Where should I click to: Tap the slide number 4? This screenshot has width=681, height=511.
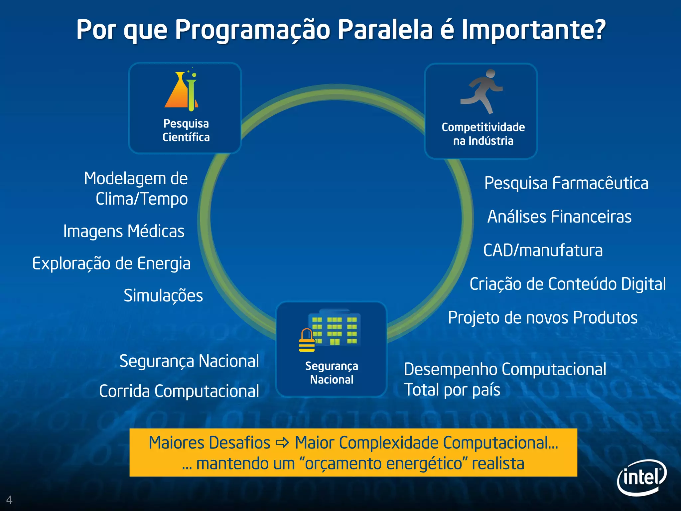tap(9, 500)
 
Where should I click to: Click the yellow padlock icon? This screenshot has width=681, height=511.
tap(307, 341)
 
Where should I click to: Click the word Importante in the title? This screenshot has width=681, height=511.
tap(533, 30)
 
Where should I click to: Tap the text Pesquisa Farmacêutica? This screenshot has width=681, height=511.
tap(566, 183)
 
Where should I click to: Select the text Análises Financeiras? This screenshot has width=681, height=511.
tap(559, 217)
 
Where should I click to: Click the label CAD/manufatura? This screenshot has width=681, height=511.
tap(543, 250)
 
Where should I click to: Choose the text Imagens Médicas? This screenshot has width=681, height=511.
tap(124, 231)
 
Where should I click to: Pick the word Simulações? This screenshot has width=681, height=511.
tap(163, 295)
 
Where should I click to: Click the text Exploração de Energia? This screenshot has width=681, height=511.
tap(111, 263)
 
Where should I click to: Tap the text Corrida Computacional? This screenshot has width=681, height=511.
tap(179, 391)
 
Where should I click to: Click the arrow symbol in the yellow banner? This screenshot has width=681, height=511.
tap(283, 443)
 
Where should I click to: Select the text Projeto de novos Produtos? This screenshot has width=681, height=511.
tap(543, 317)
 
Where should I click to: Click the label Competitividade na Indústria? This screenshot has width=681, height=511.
tap(483, 134)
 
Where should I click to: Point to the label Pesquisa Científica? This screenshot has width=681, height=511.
tap(186, 130)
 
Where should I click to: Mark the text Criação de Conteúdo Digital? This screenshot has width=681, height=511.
tap(568, 284)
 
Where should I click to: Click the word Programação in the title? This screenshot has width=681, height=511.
tap(252, 30)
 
